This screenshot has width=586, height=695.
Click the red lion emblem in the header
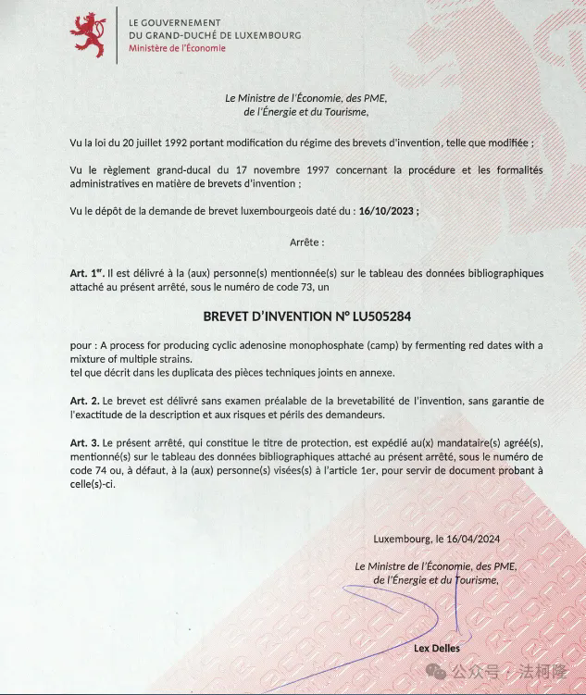[89, 34]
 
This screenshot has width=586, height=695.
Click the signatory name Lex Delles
[436, 648]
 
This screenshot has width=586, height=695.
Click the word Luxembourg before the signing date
[403, 539]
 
